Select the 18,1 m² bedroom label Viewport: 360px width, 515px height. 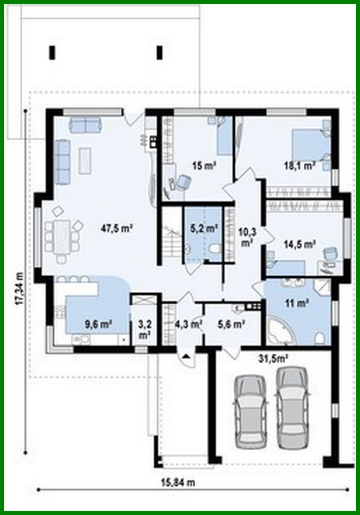click(x=299, y=165)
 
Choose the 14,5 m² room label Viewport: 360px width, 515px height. click(x=299, y=244)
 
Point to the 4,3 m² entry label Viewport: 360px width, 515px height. click(x=188, y=324)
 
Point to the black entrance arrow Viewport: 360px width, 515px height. click(x=186, y=357)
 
